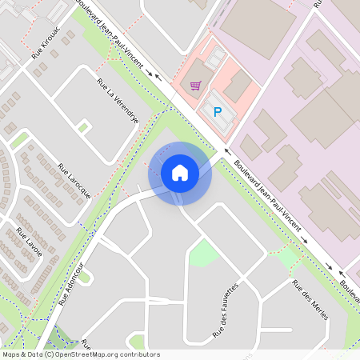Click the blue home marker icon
point(180,172)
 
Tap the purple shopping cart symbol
point(195,85)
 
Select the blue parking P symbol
point(216,113)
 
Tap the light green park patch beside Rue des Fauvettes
point(203,254)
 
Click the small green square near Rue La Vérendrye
point(84,127)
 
